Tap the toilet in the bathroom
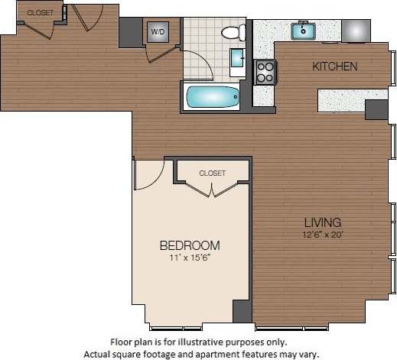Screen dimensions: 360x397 [232, 32]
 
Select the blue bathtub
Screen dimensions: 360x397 [212, 96]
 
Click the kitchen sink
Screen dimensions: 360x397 [304, 31]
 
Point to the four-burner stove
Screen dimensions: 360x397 [265, 72]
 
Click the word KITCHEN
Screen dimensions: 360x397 [334, 66]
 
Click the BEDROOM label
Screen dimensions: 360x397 [190, 245]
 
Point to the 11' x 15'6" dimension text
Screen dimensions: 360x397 [190, 258]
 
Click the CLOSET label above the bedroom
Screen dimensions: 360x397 [212, 174]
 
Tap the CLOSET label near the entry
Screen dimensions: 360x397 [40, 13]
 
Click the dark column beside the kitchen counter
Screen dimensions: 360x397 [376, 109]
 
